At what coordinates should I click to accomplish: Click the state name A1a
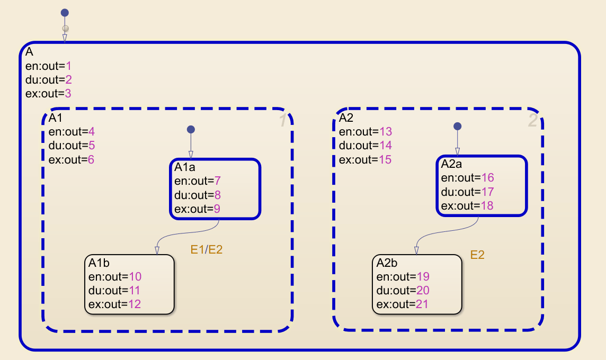[185, 167]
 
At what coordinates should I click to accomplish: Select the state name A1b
[99, 263]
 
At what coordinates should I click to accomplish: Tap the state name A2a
[451, 164]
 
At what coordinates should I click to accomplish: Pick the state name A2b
[387, 263]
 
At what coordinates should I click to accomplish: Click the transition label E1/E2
[207, 249]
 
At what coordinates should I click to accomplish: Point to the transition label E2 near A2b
[477, 255]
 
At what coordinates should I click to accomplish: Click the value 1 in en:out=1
[68, 66]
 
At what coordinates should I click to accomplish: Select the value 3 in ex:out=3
[68, 94]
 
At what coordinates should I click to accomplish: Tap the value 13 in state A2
[386, 132]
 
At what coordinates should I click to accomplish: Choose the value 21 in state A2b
[422, 304]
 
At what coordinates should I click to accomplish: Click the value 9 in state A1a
[217, 209]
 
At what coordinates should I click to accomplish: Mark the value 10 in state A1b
[135, 276]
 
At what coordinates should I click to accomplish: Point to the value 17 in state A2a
[488, 192]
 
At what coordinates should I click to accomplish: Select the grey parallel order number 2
[532, 121]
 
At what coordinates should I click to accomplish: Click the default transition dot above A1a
[191, 129]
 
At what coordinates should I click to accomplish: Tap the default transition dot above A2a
[458, 127]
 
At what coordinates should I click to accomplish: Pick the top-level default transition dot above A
[65, 13]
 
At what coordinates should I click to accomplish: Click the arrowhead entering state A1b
[157, 251]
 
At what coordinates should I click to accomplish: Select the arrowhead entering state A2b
[416, 251]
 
